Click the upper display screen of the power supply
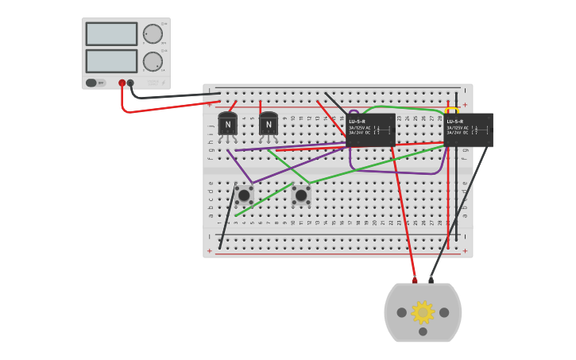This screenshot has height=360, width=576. (111, 34)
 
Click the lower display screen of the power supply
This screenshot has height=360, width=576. (111, 61)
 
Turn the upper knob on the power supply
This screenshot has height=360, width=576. (152, 34)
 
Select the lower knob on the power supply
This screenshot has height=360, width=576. (152, 61)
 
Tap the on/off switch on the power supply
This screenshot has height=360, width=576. (91, 83)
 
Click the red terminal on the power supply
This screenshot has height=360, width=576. (122, 83)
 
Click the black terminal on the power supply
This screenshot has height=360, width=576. (131, 83)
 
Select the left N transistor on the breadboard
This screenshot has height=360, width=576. (228, 125)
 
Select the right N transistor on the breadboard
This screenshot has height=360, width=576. (269, 125)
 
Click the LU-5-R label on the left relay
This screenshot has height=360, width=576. (357, 122)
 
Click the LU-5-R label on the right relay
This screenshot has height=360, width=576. (454, 122)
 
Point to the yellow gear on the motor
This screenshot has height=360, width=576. (423, 312)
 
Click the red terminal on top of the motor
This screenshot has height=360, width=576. (415, 280)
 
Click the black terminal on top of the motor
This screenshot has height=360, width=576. (431, 280)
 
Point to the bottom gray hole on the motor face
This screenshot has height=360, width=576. (423, 331)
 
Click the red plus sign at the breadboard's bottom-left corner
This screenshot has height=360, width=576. (210, 251)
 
